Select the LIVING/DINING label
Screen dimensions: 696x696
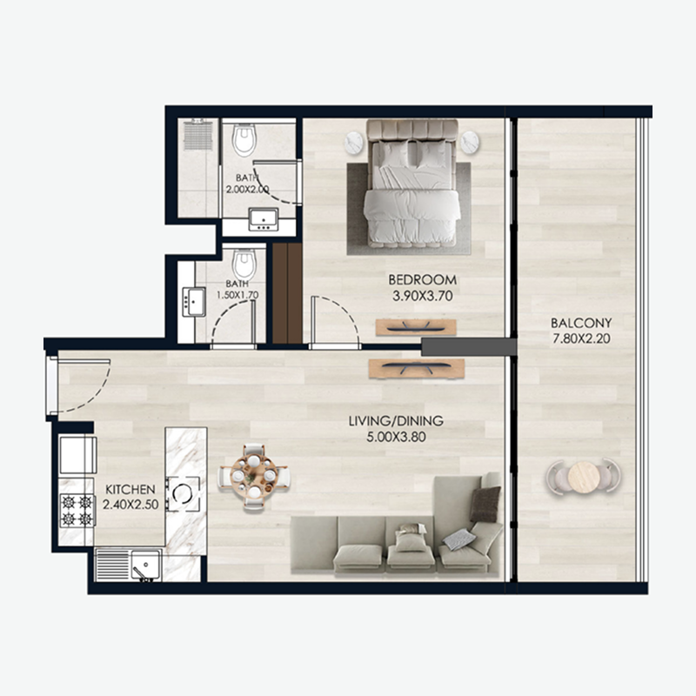[x=396, y=421]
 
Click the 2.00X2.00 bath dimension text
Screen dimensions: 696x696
[x=246, y=188]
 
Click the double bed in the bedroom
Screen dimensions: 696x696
[x=411, y=184]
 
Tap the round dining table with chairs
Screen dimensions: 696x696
[x=254, y=476]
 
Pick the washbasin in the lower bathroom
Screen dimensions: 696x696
[x=191, y=303]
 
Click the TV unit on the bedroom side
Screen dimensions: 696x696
[x=416, y=327]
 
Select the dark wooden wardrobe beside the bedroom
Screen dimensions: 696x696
[x=284, y=292]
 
